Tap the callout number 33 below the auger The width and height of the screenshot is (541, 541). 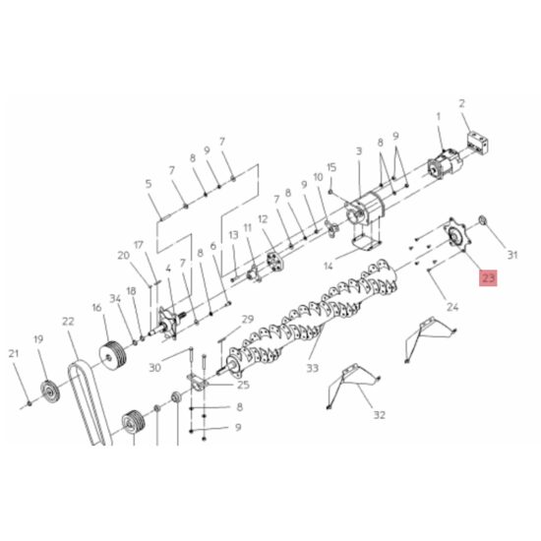[313, 369]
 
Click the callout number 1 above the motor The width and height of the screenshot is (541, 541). [440, 116]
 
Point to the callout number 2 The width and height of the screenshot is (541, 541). [461, 103]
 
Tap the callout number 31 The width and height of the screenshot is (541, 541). [511, 256]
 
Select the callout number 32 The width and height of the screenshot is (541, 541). [379, 415]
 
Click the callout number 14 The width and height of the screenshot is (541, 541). [329, 266]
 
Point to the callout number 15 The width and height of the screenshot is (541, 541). [331, 167]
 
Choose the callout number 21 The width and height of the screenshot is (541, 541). [14, 353]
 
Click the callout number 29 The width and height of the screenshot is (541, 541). [247, 319]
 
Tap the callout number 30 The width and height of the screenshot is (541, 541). [154, 368]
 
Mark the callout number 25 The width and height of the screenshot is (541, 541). [242, 385]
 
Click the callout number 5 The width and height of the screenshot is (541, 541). [150, 184]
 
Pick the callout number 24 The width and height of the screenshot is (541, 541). [452, 306]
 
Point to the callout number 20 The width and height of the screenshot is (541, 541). [123, 256]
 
